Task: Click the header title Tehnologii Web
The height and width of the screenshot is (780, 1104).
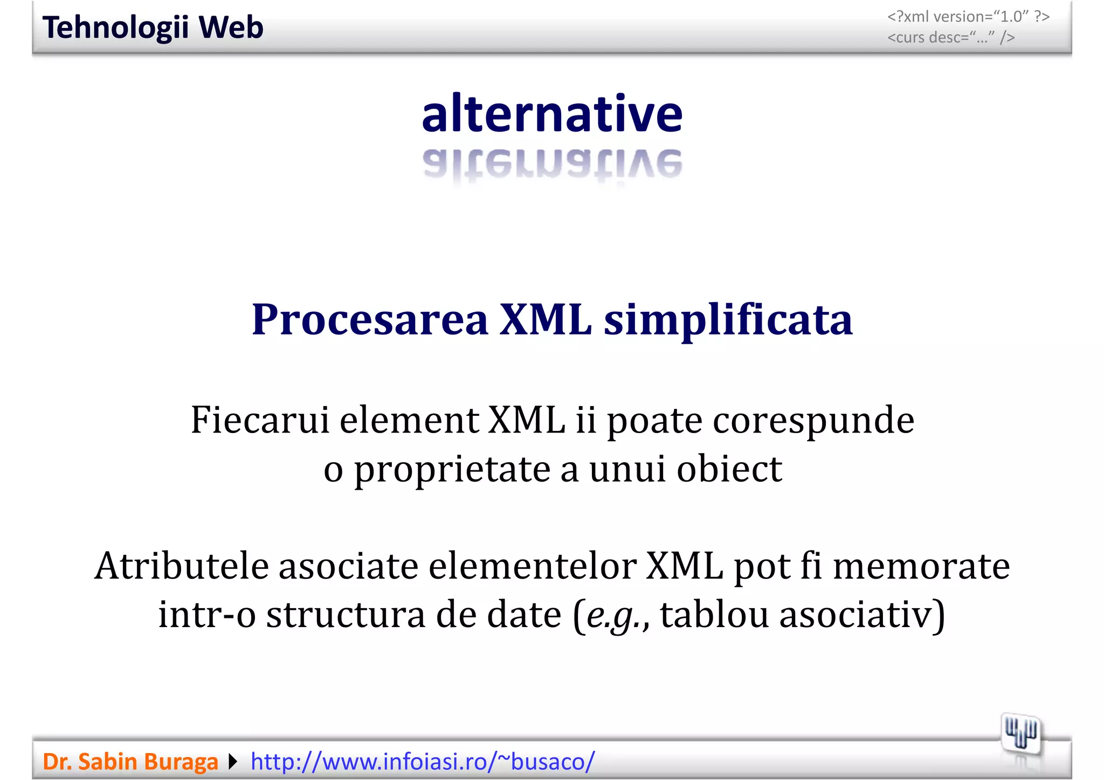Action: point(153,27)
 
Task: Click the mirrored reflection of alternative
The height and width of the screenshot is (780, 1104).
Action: point(552,164)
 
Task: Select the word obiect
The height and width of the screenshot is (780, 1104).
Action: point(729,469)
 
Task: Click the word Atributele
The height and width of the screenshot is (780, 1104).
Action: point(182,566)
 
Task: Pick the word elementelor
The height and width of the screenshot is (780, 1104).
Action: point(532,566)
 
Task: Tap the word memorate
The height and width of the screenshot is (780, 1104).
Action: point(921,566)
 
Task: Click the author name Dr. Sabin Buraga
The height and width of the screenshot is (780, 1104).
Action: point(130,762)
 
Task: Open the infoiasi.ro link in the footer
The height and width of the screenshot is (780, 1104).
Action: point(423,762)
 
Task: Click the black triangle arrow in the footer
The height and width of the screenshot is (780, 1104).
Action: point(233,762)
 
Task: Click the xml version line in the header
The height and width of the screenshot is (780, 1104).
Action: point(968,17)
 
